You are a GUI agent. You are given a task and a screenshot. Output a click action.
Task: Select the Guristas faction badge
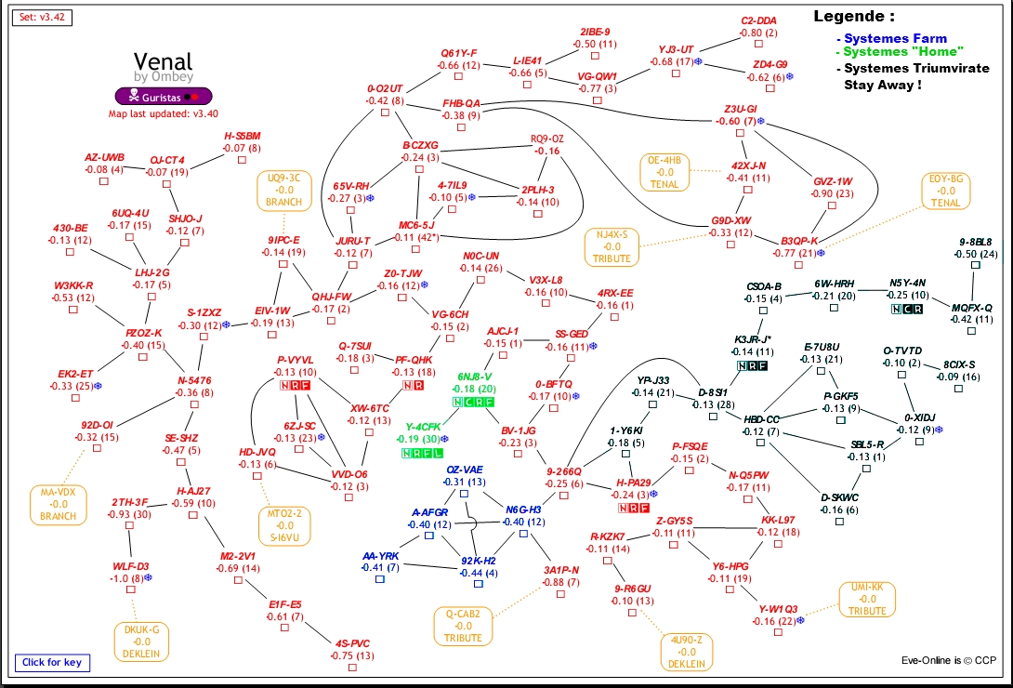point(163,96)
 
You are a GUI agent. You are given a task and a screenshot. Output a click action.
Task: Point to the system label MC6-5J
point(416,225)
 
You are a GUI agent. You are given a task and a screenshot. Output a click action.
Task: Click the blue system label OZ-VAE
point(465,470)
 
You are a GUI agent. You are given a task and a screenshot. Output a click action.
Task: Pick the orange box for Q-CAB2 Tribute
point(463,626)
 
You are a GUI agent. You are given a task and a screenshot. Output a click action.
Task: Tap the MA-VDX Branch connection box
point(58,503)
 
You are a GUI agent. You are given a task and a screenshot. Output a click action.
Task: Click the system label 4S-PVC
point(352,643)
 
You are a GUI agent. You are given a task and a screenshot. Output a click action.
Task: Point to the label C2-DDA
point(758,20)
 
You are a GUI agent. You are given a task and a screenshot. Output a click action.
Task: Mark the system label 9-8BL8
point(975,242)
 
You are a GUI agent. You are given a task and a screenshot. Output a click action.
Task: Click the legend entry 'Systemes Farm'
point(891,38)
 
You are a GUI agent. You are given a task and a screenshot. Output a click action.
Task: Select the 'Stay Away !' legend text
point(882,85)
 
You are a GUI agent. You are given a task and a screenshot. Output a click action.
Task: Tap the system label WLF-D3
point(131,566)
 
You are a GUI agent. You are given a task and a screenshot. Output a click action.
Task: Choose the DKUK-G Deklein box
point(142,642)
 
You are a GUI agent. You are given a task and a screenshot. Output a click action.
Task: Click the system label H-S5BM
point(243,136)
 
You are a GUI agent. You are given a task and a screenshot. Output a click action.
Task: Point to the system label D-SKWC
point(839,497)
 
